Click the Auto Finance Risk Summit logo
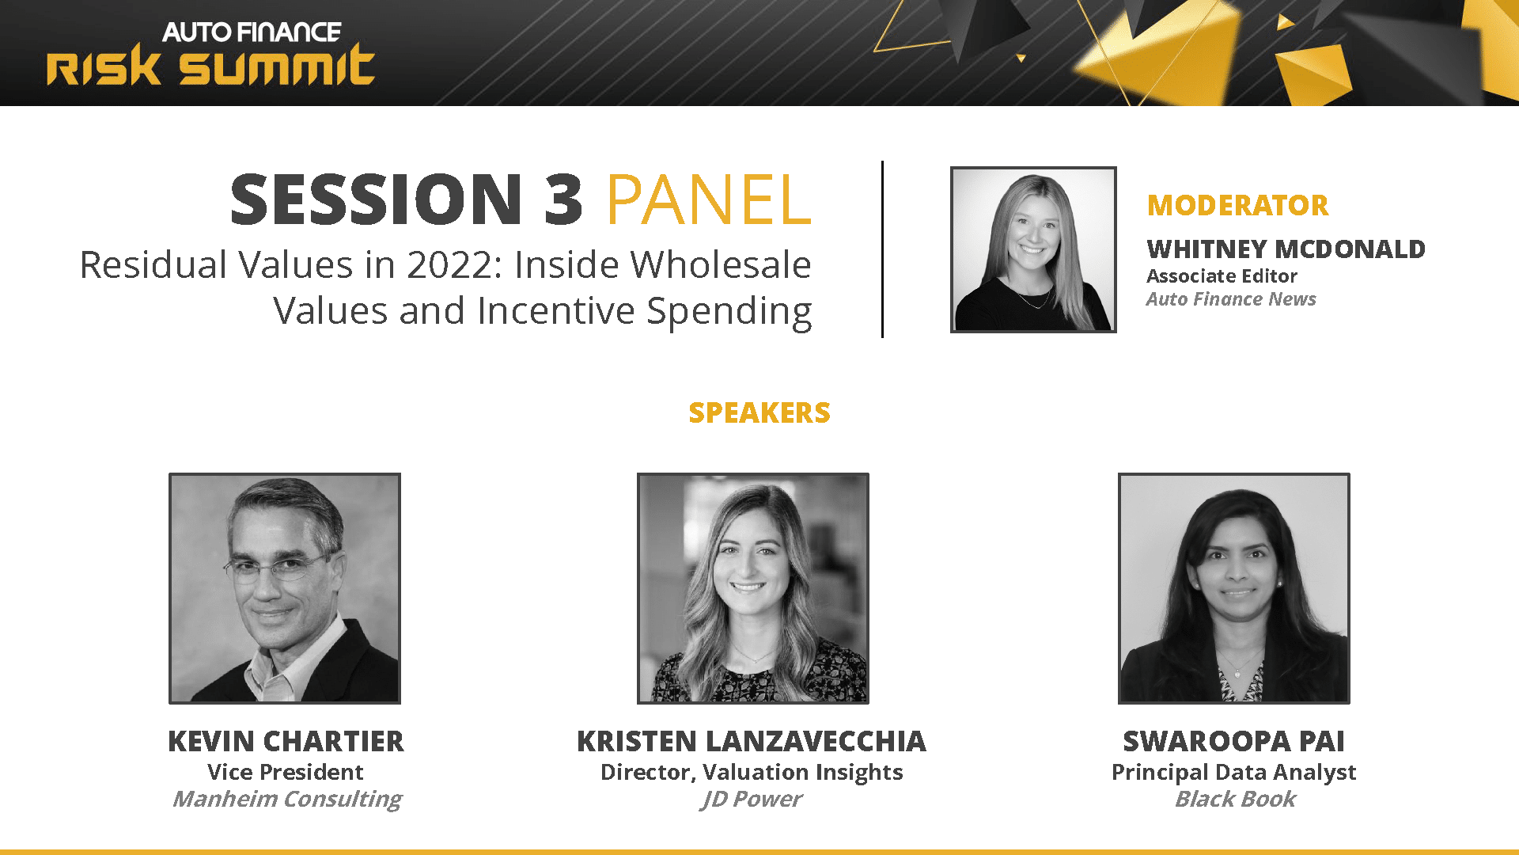pos(210,53)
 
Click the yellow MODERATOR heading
pos(1237,205)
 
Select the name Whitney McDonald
pos(1286,249)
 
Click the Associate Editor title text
pos(1222,276)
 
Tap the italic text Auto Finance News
pos(1231,299)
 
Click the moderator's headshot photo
pos(1033,249)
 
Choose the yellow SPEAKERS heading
pos(759,412)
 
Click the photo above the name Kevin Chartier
pos(285,588)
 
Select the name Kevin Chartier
pos(286,741)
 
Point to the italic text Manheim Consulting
pos(287,799)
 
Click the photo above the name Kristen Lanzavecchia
pos(753,588)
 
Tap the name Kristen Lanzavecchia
pos(752,741)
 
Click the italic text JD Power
pos(752,799)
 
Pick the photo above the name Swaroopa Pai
pos(1234,588)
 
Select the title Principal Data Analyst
pos(1234,772)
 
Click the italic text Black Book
pos(1235,799)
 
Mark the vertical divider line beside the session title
pos(882,249)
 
